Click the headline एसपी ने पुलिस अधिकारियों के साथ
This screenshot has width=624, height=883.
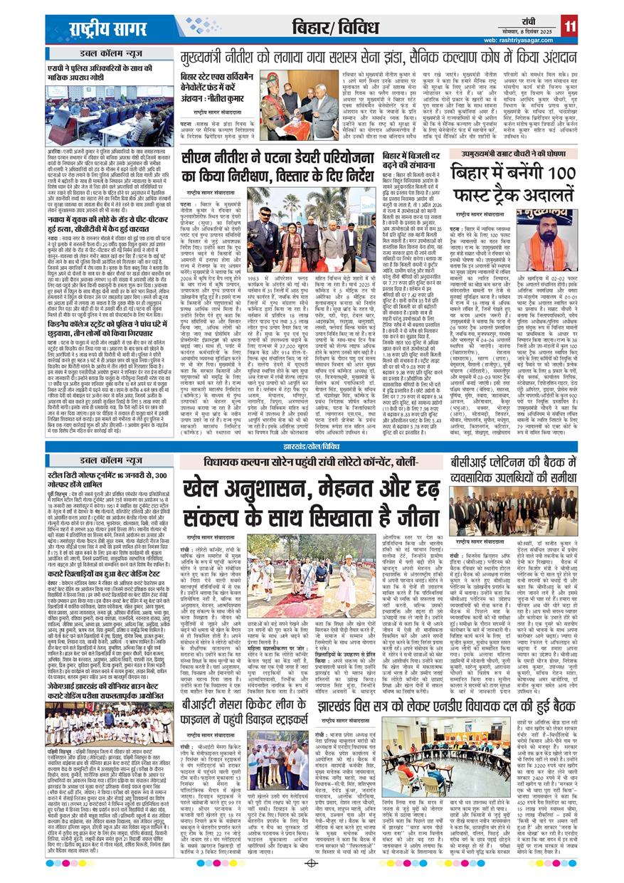(x=106, y=71)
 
